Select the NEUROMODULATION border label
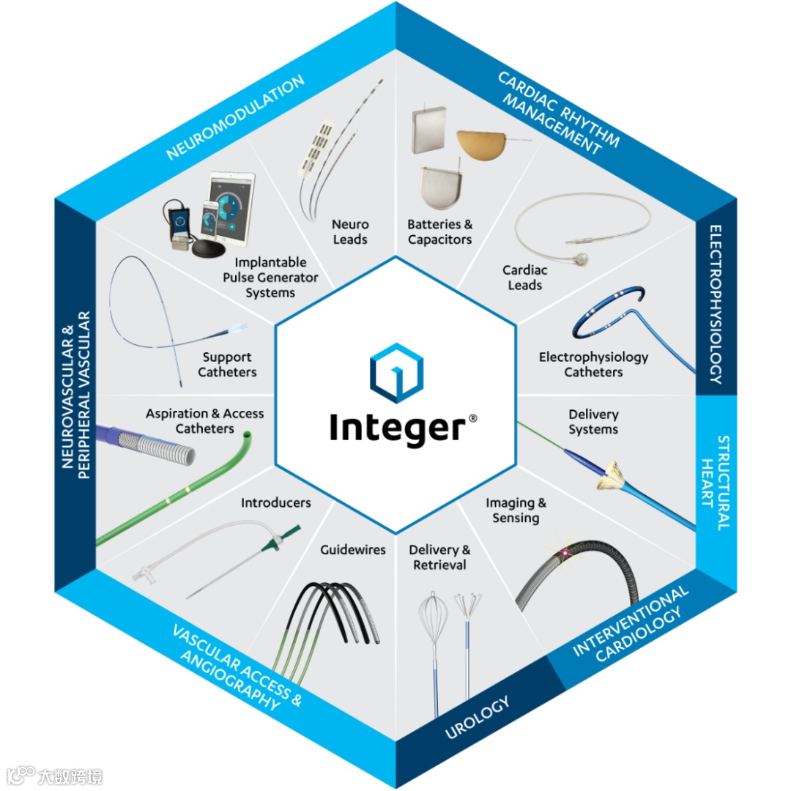[x=234, y=117]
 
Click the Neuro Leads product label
[x=350, y=231]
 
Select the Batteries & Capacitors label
[x=439, y=231]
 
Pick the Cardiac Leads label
[x=524, y=278]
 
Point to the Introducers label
[x=275, y=502]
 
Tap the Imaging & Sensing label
[x=516, y=510]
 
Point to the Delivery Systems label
[x=593, y=422]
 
